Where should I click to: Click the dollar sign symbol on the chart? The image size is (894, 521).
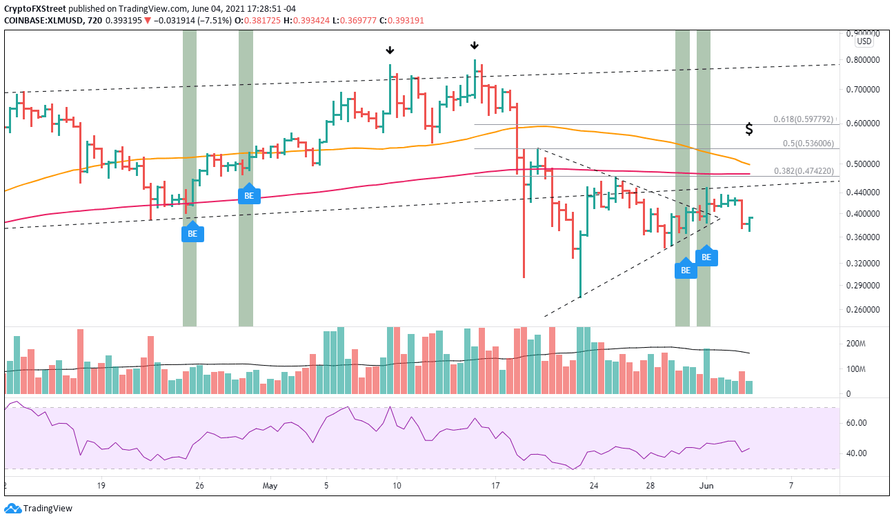click(748, 129)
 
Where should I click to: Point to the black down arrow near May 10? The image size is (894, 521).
click(390, 50)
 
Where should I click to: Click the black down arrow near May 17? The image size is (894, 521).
click(475, 46)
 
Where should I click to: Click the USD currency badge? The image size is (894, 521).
click(864, 41)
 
